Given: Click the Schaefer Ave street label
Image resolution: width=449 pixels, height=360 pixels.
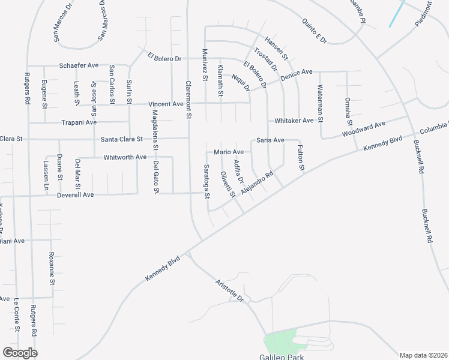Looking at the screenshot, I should (x=78, y=65).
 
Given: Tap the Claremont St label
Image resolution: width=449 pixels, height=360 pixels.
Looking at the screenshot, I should (x=188, y=99).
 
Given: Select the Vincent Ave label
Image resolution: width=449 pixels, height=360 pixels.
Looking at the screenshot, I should (x=166, y=104).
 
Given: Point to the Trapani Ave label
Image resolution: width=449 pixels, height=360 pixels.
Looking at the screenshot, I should (x=79, y=122).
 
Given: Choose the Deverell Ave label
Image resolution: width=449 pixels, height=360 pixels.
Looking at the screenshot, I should (x=76, y=195).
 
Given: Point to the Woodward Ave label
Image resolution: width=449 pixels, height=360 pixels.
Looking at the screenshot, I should (x=363, y=130).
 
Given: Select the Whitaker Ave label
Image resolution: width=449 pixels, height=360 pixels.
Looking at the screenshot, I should (x=294, y=121).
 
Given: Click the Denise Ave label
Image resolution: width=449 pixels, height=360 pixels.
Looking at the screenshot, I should (x=297, y=72).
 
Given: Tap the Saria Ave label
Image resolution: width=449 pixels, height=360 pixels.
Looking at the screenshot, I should (x=270, y=140).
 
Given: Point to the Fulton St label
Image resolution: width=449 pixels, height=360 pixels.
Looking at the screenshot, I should (x=301, y=157).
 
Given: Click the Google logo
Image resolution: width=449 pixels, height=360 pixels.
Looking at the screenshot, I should (x=20, y=352).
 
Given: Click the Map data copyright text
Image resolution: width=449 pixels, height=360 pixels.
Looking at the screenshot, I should (x=424, y=355).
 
